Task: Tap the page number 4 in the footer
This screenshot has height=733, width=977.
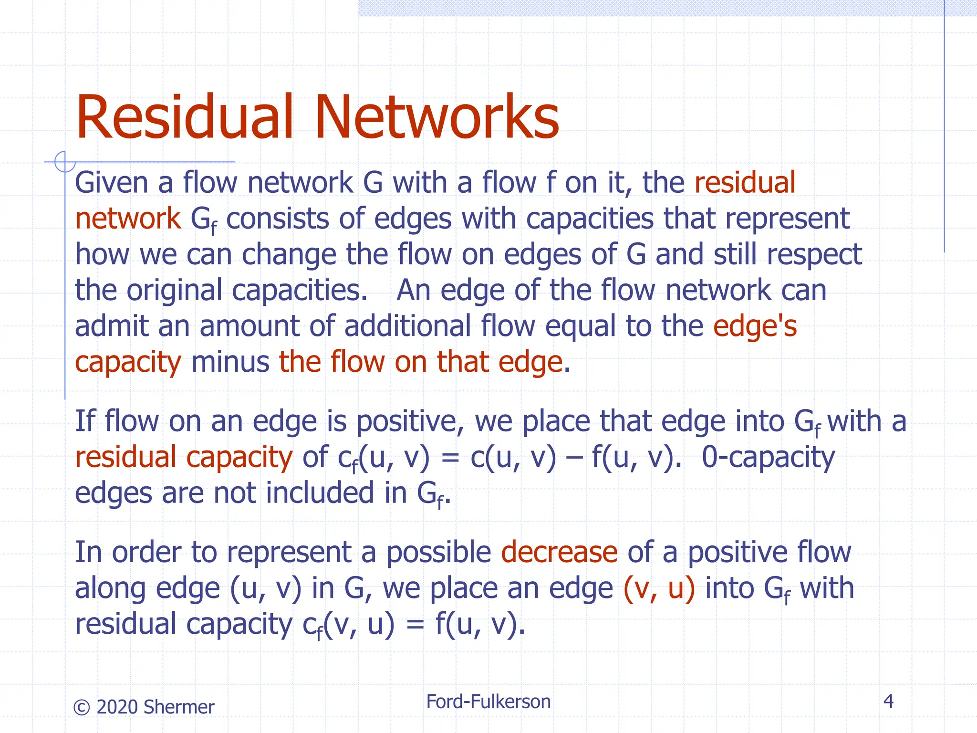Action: [888, 701]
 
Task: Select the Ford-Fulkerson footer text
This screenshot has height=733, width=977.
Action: [488, 702]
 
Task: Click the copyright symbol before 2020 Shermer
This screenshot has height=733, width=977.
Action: [82, 707]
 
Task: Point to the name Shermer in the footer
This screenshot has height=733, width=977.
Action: [178, 707]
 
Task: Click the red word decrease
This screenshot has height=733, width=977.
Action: [559, 552]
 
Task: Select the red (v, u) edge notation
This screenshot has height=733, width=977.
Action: [659, 588]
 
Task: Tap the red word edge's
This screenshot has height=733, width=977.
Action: [755, 326]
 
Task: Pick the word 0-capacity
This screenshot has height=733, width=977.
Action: [768, 457]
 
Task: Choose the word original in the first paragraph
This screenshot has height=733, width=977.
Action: [174, 291]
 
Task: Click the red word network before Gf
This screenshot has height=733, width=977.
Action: [128, 219]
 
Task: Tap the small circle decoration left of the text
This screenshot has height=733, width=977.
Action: [65, 162]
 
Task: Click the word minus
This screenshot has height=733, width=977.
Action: [230, 362]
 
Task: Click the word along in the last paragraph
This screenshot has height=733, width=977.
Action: [110, 588]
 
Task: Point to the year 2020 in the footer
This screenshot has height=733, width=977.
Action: [117, 707]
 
